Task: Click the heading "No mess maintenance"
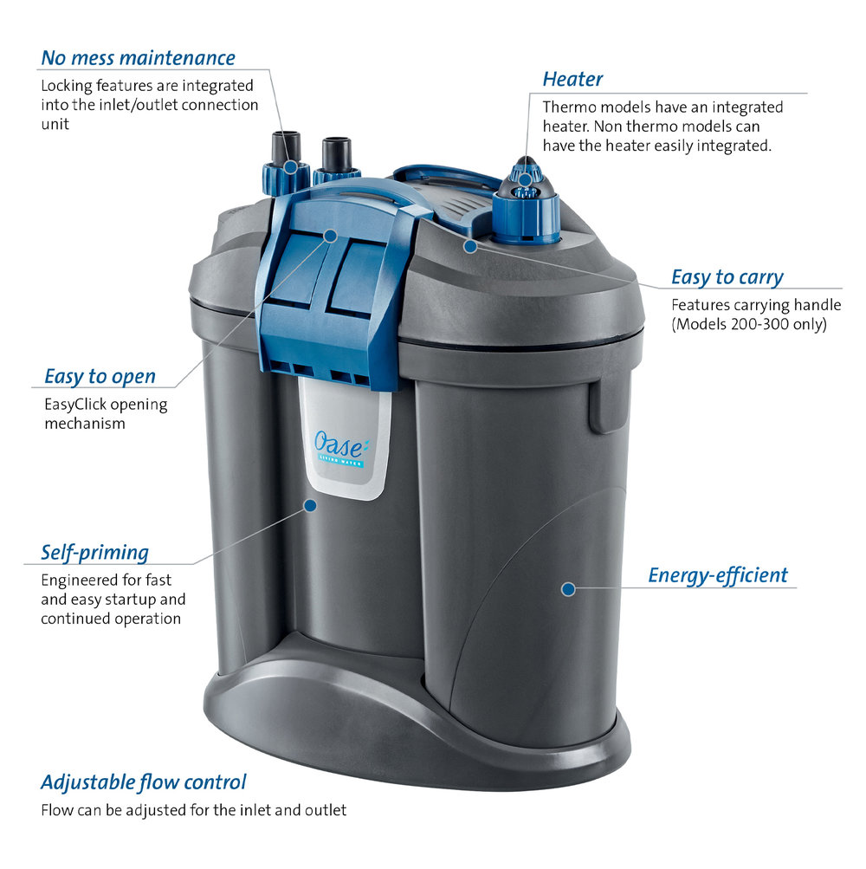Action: (x=138, y=58)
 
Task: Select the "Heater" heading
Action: (x=572, y=79)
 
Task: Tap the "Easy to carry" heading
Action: (x=727, y=277)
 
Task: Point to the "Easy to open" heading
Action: (x=100, y=376)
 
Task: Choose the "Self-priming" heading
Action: (x=94, y=553)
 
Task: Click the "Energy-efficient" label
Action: (x=718, y=575)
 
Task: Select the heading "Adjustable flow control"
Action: (x=143, y=782)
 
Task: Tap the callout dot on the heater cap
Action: (x=524, y=179)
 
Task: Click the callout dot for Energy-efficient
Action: (x=568, y=589)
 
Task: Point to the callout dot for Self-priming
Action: (x=310, y=505)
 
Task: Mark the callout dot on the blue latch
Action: (x=330, y=236)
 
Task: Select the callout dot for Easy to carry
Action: (x=470, y=246)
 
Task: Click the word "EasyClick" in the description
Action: (x=75, y=405)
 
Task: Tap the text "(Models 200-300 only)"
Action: (x=749, y=324)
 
